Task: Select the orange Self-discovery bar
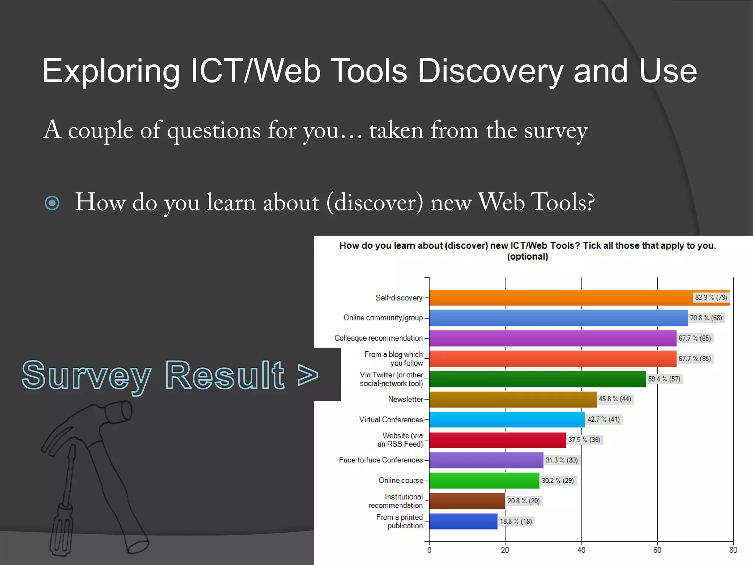tap(559, 298)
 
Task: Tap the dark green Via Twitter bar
tap(537, 379)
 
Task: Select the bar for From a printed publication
tap(463, 521)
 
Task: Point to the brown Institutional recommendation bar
tap(467, 501)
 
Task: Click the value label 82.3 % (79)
tap(711, 297)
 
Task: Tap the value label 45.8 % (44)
tap(614, 399)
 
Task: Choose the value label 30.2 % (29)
tap(557, 480)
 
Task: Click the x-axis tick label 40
tap(581, 550)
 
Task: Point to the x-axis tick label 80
tap(733, 550)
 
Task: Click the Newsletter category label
tap(405, 399)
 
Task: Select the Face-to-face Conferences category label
tap(381, 460)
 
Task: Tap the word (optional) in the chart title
tap(527, 256)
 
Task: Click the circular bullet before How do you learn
tap(52, 203)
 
